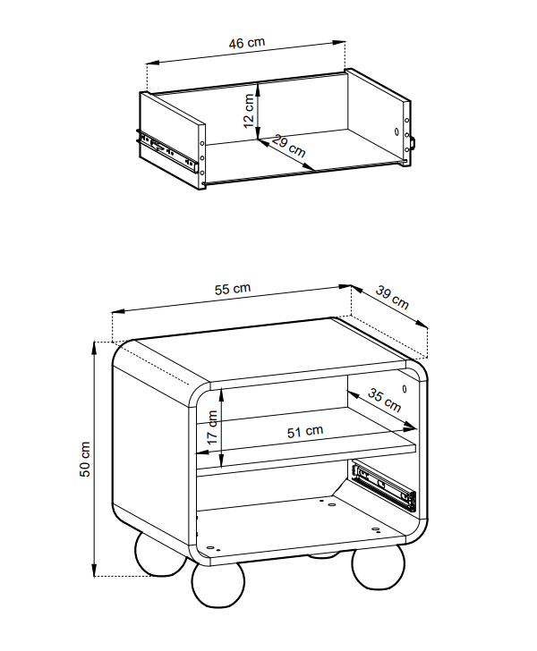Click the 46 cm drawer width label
pyautogui.click(x=246, y=43)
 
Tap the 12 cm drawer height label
pyautogui.click(x=249, y=111)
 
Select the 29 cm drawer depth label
pyautogui.click(x=289, y=146)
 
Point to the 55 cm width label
pyautogui.click(x=233, y=289)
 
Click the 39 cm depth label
pyautogui.click(x=392, y=297)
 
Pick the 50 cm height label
pyautogui.click(x=84, y=460)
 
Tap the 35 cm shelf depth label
pyautogui.click(x=385, y=401)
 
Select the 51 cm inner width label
pyautogui.click(x=305, y=432)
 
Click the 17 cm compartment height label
pyautogui.click(x=212, y=427)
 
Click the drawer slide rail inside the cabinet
pyautogui.click(x=384, y=484)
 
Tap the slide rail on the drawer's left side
pyautogui.click(x=166, y=150)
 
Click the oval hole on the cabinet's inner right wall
pyautogui.click(x=405, y=389)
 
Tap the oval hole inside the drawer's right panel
pyautogui.click(x=396, y=131)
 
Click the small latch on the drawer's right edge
pyautogui.click(x=413, y=142)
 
